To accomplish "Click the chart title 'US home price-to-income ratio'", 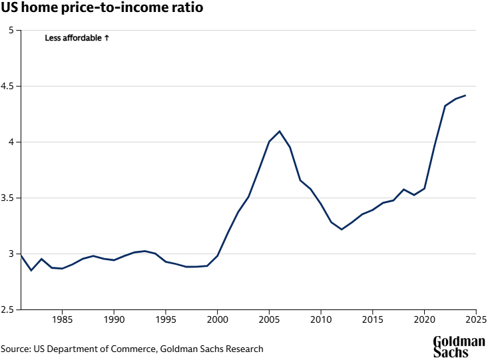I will [x=102, y=9].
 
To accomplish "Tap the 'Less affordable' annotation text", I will [x=73, y=39].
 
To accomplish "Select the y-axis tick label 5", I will [x=11, y=31].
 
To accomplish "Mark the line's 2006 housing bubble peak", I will [x=280, y=131].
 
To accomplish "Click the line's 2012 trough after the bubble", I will [x=342, y=230].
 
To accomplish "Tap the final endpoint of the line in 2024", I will [x=465, y=95].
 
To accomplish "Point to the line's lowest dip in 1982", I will [x=31, y=270].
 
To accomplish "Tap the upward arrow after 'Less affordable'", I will [x=107, y=39].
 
